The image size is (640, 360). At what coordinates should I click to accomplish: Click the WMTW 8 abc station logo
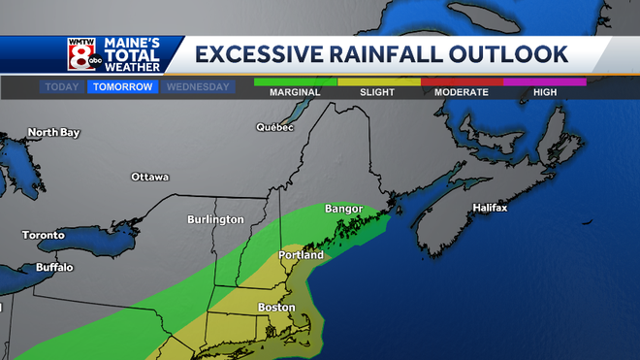coord(80,53)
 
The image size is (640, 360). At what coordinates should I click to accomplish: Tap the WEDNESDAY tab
coord(198,86)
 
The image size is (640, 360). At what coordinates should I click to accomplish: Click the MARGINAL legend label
coord(295,92)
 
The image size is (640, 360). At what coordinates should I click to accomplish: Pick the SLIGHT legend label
coord(377,92)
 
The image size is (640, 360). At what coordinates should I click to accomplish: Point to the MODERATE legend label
coord(461,92)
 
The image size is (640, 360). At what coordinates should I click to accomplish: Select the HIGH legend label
coord(544,92)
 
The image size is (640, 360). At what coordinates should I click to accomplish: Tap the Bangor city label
coord(343,209)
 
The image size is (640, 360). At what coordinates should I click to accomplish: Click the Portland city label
coord(301,255)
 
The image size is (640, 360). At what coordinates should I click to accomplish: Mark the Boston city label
coord(275,308)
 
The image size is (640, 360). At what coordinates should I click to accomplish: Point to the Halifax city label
coord(490,208)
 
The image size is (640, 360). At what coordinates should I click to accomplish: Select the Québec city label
coord(274,127)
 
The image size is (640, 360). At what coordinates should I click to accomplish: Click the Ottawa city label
coord(150,177)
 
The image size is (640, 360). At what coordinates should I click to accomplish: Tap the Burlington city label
coord(215,219)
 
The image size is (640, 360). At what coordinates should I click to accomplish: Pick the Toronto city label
coord(44,235)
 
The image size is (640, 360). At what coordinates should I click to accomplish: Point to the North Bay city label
coord(53,132)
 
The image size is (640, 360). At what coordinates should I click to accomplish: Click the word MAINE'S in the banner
coord(139,44)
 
